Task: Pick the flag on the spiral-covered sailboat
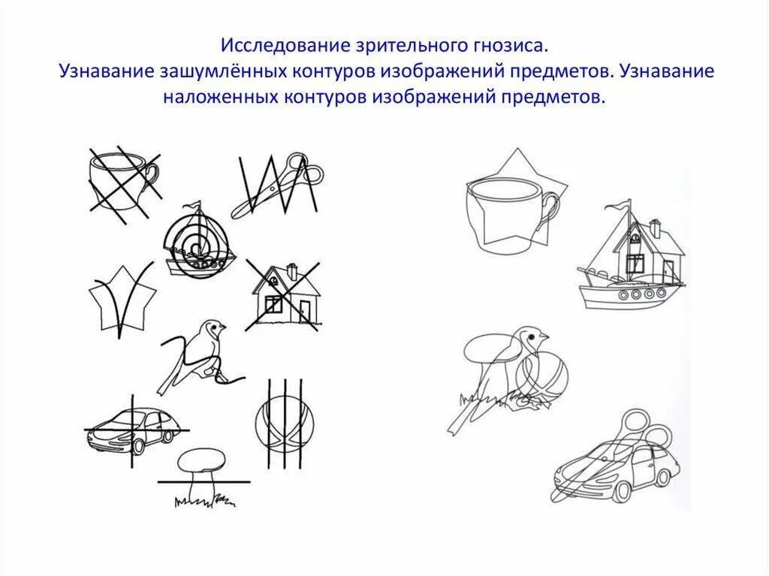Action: point(195,206)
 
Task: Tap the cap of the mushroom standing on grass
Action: point(201,457)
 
